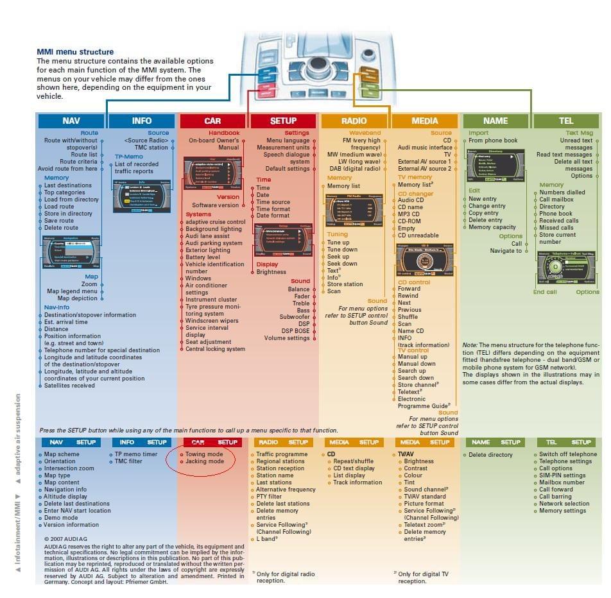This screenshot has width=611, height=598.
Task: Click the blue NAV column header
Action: coord(71,121)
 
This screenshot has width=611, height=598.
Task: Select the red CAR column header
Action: coord(212,121)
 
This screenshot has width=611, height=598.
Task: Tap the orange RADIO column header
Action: coord(354,121)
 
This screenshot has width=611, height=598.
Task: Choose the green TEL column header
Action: coord(565,121)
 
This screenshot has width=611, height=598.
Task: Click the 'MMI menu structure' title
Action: coord(75,52)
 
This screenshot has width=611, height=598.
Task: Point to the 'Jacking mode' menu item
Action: coord(204,461)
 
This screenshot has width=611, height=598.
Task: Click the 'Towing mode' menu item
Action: coord(204,454)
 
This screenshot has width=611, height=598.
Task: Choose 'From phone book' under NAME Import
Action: coord(493,141)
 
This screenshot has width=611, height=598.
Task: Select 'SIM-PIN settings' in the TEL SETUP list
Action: coord(562,475)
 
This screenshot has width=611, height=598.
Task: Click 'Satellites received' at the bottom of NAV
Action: coord(69,386)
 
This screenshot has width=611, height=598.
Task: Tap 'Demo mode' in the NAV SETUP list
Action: coord(61,518)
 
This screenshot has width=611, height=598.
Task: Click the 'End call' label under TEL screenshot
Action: coord(545,292)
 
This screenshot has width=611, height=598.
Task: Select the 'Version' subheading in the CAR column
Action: coord(228,197)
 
